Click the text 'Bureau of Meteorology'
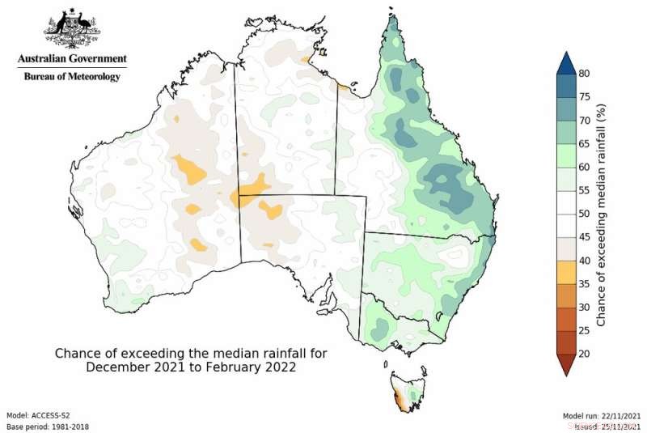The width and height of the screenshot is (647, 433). coord(72,76)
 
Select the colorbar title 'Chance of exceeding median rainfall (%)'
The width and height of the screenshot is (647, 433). coord(602,214)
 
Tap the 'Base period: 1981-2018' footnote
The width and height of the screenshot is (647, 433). coord(48,426)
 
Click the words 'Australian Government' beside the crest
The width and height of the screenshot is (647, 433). coord(72,59)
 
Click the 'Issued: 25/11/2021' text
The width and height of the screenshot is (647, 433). coord(603,425)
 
